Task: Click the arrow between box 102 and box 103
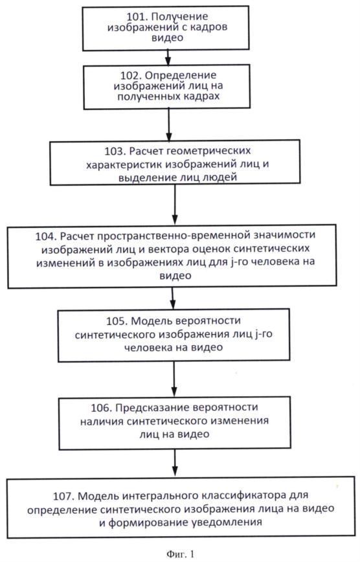[170, 122]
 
